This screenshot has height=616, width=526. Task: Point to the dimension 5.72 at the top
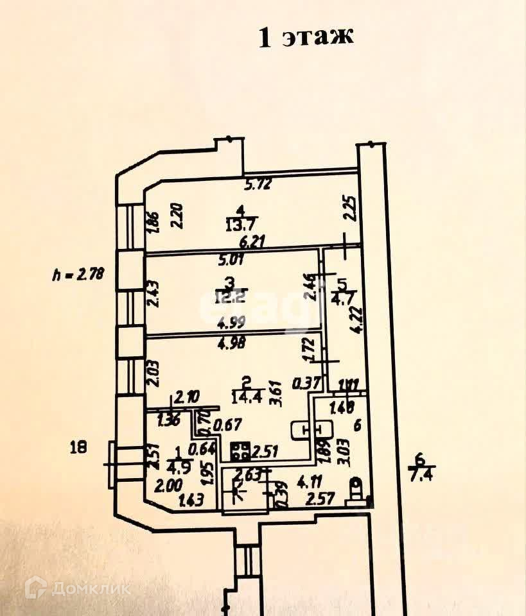259,185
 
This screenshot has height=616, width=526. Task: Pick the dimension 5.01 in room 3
232,261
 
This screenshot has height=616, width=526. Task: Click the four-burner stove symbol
241,452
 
